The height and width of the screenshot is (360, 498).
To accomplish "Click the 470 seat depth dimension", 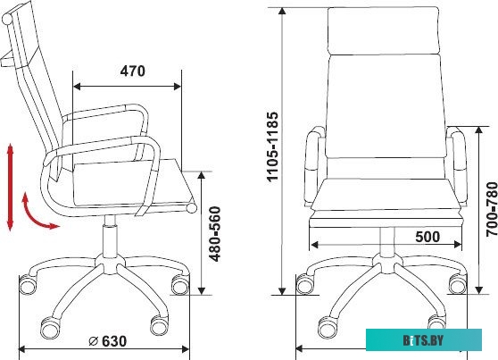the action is pyautogui.click(x=132, y=71).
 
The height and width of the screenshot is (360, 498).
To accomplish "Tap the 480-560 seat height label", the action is pyautogui.click(x=215, y=234).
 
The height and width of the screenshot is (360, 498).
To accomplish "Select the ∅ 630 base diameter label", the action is pyautogui.click(x=108, y=341).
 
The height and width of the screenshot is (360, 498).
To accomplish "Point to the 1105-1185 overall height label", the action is pyautogui.click(x=272, y=147).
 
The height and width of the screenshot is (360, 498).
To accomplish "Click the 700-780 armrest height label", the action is pyautogui.click(x=492, y=205).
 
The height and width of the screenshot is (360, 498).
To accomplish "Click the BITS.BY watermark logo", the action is pyautogui.click(x=424, y=340).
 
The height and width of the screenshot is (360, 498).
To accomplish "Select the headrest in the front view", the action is pyautogui.click(x=384, y=30).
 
